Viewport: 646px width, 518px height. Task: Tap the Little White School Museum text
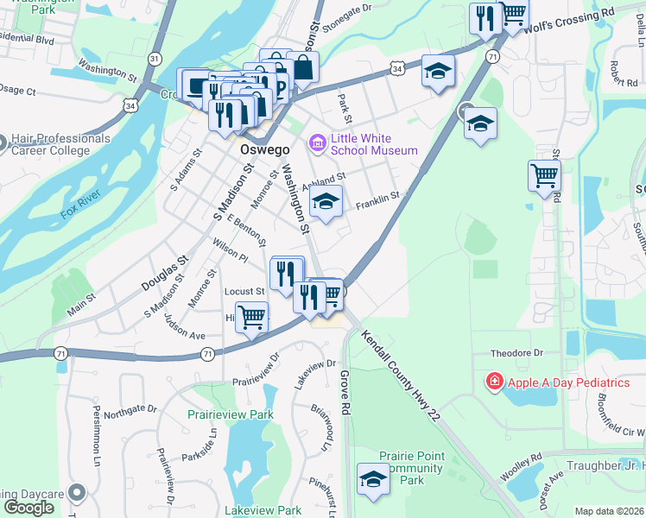coord(374,144)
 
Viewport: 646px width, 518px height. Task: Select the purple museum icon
coord(317,142)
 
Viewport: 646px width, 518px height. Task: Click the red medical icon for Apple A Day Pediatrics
coord(494,382)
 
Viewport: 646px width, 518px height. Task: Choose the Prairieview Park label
coord(231,414)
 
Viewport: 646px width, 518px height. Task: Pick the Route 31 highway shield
coord(154,58)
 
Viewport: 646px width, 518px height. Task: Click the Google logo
coord(28,508)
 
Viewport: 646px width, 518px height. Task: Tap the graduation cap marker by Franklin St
coord(325,204)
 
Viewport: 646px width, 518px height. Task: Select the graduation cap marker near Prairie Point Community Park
coord(373,480)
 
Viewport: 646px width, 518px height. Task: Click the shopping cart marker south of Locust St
coord(251,318)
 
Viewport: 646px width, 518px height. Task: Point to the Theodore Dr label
coord(516,353)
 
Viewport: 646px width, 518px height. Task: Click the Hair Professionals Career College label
coord(60,144)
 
